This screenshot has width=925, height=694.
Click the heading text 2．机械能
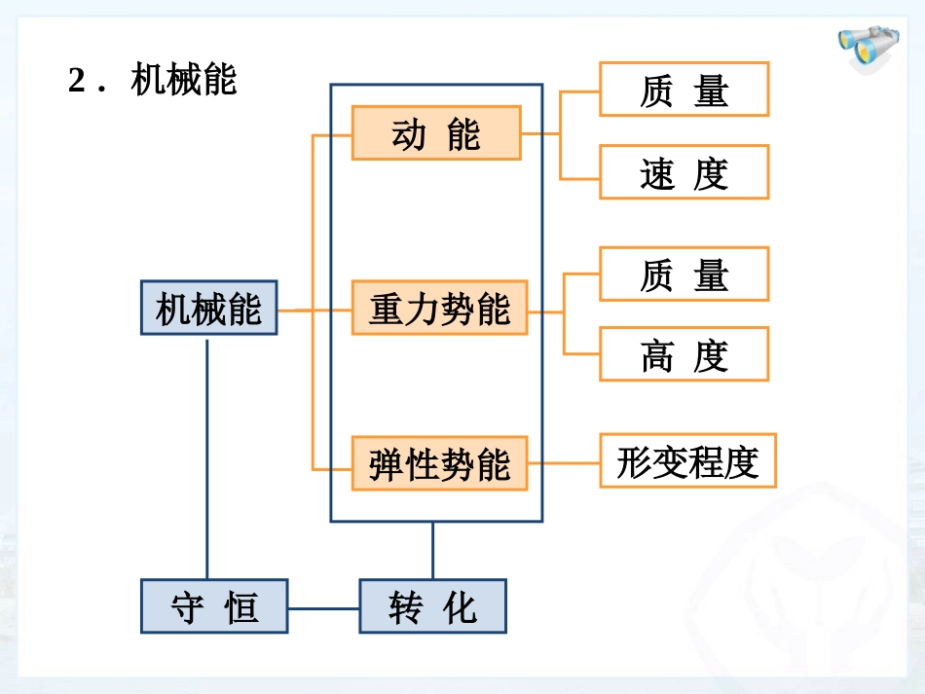pyautogui.click(x=153, y=80)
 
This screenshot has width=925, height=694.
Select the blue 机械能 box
pyautogui.click(x=208, y=309)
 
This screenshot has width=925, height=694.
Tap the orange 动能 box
pyautogui.click(x=435, y=133)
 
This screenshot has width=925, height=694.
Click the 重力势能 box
pyautogui.click(x=439, y=309)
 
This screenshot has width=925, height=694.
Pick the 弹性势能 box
pyautogui.click(x=439, y=463)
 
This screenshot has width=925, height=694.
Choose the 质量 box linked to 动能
pyautogui.click(x=684, y=90)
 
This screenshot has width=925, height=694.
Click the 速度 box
pyautogui.click(x=684, y=172)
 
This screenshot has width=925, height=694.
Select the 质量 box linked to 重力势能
pyautogui.click(x=684, y=274)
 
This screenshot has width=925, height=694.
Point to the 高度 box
pyautogui.click(x=684, y=354)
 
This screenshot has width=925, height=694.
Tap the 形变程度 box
pyautogui.click(x=687, y=460)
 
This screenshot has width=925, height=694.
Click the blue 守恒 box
pyautogui.click(x=214, y=606)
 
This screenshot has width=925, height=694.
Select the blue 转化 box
pyautogui.click(x=432, y=606)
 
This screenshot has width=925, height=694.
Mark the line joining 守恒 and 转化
pyautogui.click(x=323, y=608)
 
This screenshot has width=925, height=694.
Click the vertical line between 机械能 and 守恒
pyautogui.click(x=206, y=457)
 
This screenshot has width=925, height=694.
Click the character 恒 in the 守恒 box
pyautogui.click(x=242, y=607)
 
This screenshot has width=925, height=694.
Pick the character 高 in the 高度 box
pyautogui.click(x=657, y=355)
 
